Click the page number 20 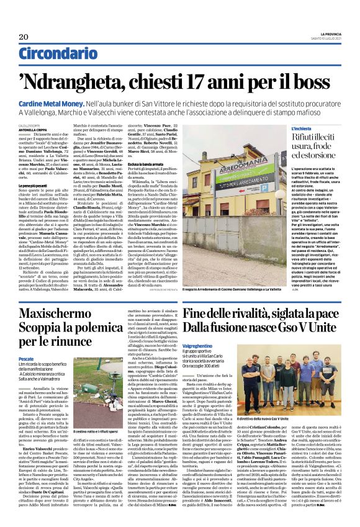pos(24,37)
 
